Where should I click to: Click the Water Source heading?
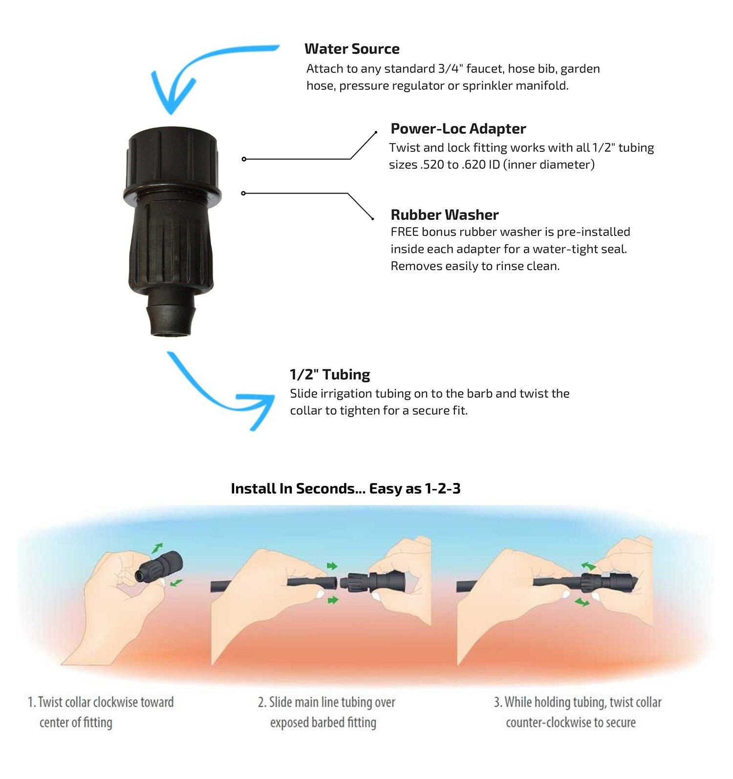[x=352, y=49]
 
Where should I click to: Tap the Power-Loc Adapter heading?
[x=458, y=128]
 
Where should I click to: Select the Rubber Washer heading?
[x=445, y=215]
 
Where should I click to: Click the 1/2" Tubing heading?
[x=330, y=375]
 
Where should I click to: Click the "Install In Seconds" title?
[x=345, y=489]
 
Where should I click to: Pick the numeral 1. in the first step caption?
[x=32, y=702]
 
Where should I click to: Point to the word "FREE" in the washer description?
[x=404, y=232]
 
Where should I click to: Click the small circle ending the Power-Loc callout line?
[x=244, y=159]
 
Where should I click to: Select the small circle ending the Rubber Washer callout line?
[x=243, y=193]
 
